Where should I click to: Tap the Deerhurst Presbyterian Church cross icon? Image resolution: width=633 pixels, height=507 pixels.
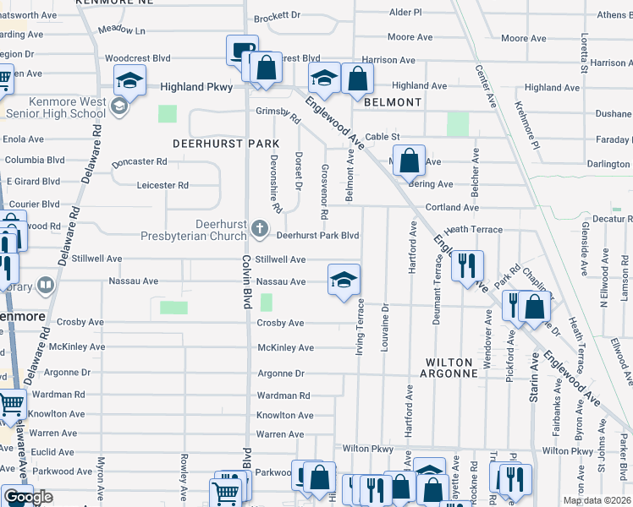pyautogui.click(x=260, y=228)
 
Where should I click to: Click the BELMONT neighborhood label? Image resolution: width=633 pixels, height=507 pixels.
pyautogui.click(x=393, y=102)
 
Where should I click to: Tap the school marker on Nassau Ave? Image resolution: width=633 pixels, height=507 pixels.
pyautogui.click(x=344, y=281)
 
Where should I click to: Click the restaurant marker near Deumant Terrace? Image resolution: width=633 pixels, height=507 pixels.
pyautogui.click(x=467, y=265)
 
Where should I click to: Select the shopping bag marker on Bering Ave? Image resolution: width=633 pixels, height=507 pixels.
pyautogui.click(x=409, y=160)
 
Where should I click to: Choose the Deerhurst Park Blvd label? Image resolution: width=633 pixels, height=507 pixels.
pyautogui.click(x=318, y=236)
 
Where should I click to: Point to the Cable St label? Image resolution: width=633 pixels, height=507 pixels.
pyautogui.click(x=382, y=136)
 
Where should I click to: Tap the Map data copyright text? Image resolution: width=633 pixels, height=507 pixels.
pyautogui.click(x=597, y=500)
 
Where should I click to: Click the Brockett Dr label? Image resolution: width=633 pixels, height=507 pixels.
pyautogui.click(x=277, y=15)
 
